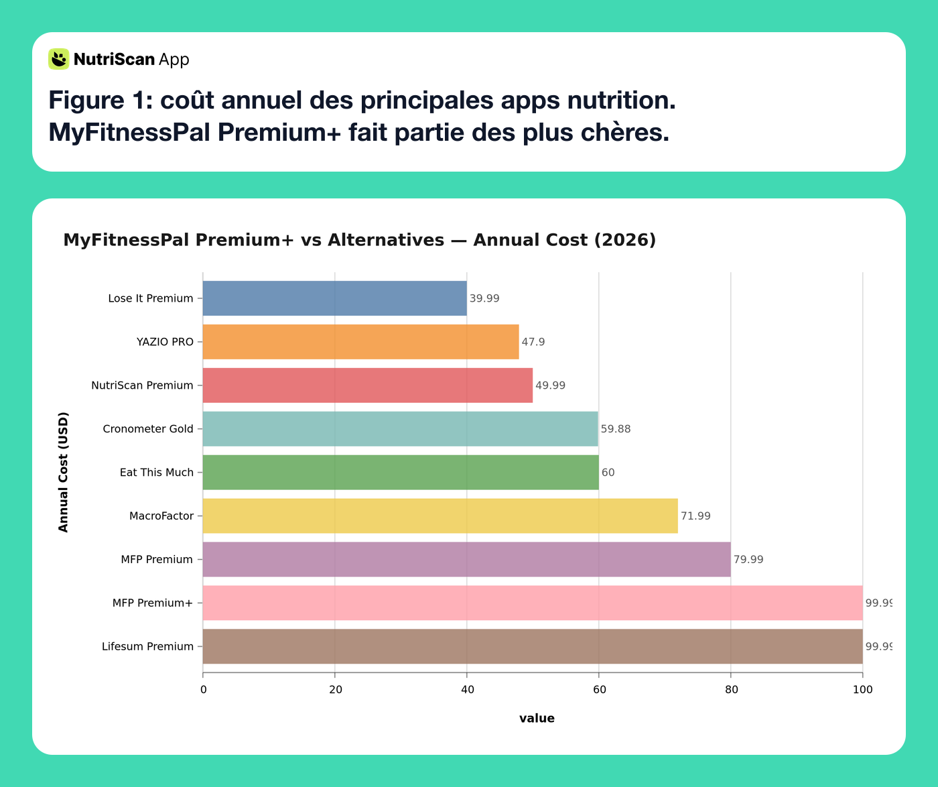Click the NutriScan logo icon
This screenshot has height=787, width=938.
[x=59, y=59]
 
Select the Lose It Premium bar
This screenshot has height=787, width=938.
[x=334, y=298]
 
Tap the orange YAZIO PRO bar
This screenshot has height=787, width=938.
[x=360, y=342]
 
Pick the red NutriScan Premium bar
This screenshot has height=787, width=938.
[x=367, y=385]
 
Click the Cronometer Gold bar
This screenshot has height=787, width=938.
[x=400, y=429]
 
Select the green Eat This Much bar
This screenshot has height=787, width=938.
[x=401, y=473]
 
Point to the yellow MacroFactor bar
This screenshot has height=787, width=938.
[x=440, y=516]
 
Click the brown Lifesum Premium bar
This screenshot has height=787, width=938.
[x=532, y=646]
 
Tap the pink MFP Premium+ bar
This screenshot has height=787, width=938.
[x=532, y=603]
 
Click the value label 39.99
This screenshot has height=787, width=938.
[x=484, y=298]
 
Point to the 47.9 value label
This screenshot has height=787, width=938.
[x=533, y=342]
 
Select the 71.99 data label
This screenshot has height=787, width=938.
[x=695, y=516]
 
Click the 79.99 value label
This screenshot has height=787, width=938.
[x=748, y=560]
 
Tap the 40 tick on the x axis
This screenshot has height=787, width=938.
[x=467, y=689]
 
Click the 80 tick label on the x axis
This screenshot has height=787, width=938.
[x=731, y=689]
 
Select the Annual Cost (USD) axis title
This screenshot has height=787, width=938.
[x=64, y=472]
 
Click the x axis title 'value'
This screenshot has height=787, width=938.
[x=537, y=719]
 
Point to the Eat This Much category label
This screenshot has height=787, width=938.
[x=157, y=473]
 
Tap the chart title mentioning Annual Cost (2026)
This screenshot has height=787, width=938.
[x=359, y=240]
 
